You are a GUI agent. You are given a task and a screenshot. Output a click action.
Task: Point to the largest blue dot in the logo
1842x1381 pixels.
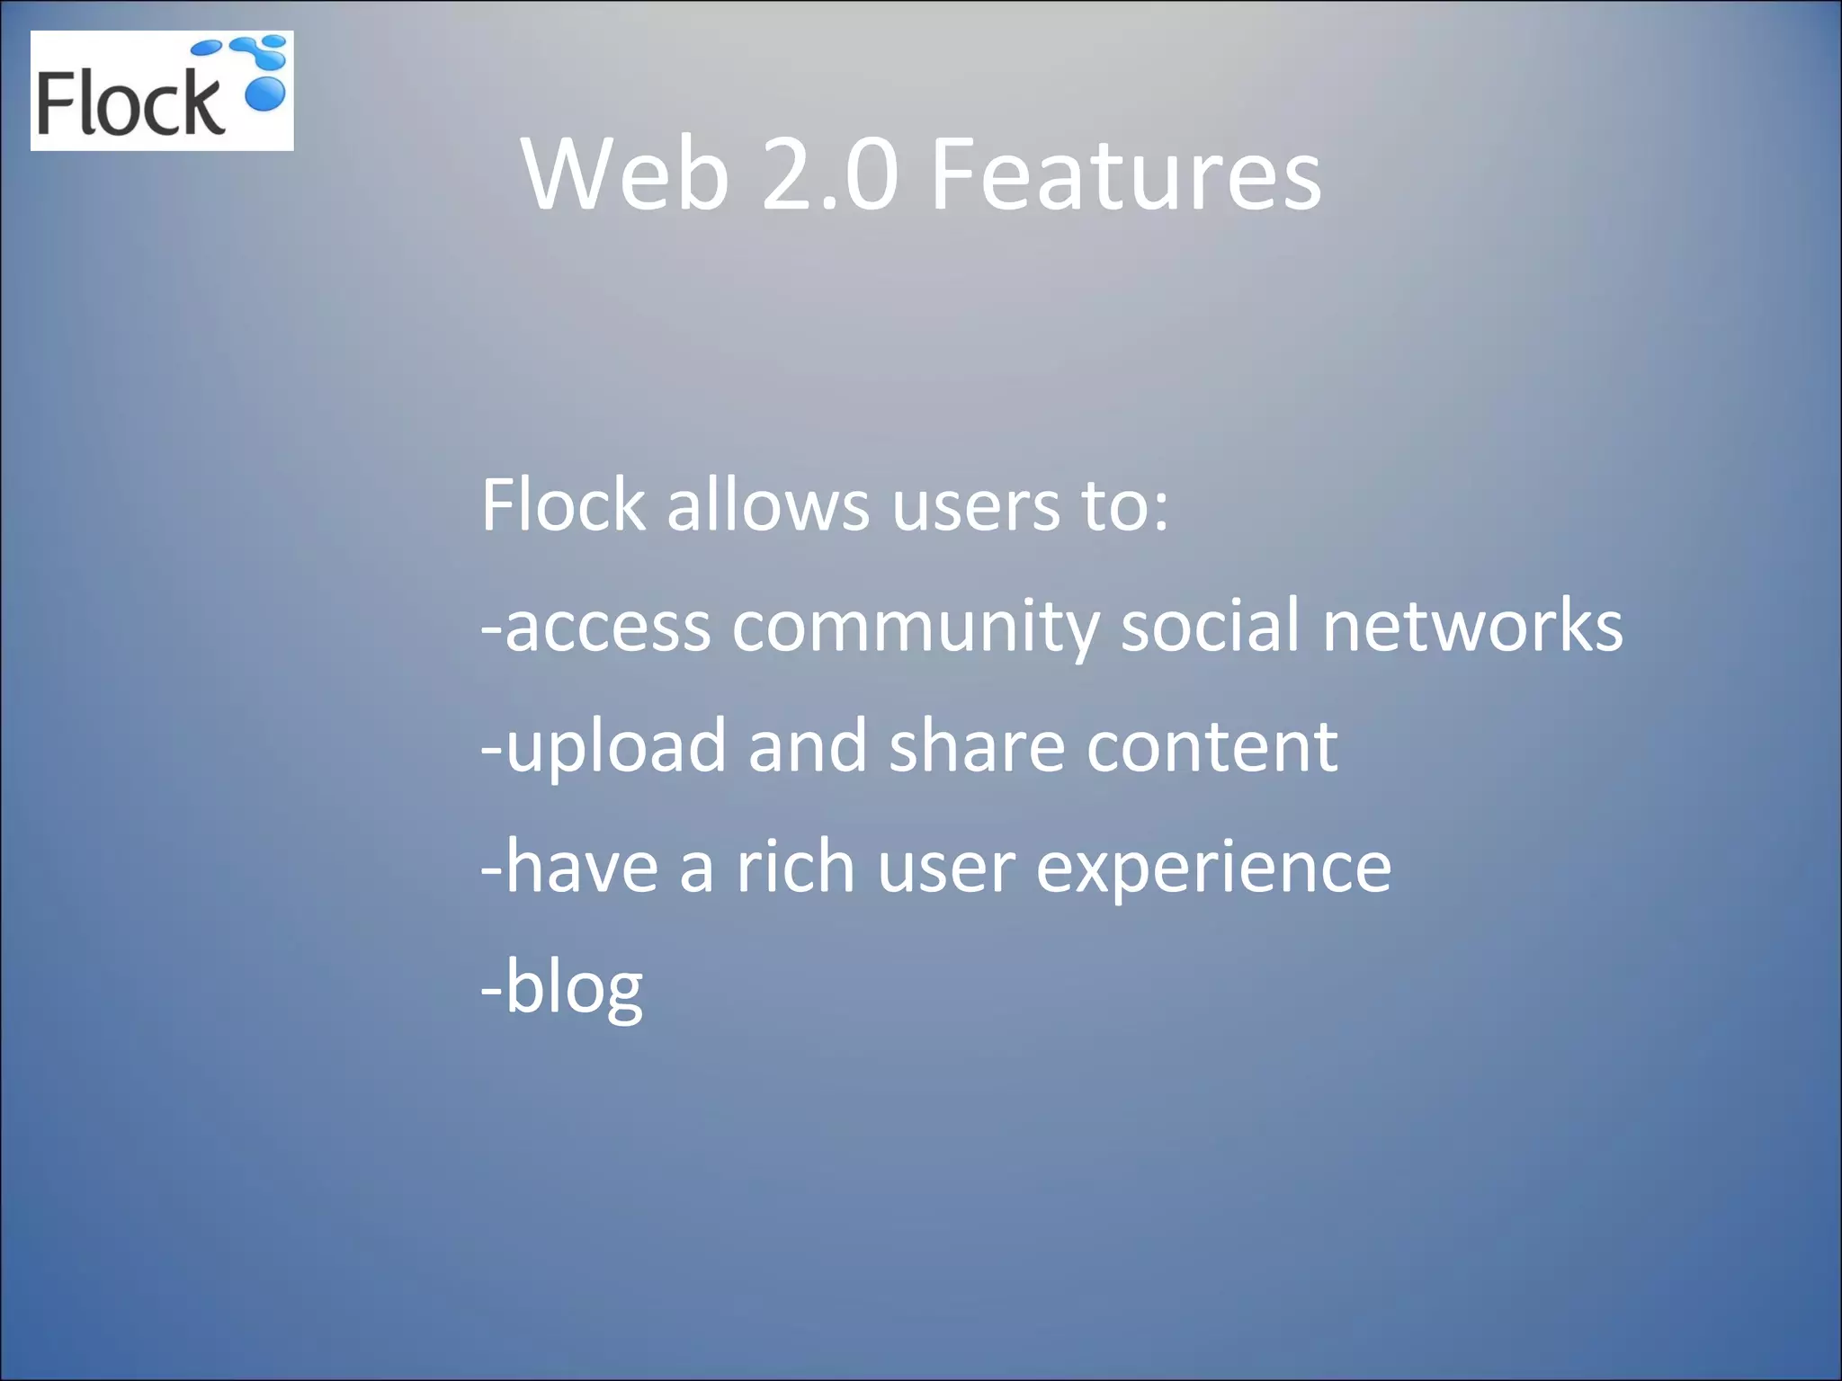[265, 94]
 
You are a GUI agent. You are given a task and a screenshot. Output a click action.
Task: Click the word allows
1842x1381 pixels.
[767, 505]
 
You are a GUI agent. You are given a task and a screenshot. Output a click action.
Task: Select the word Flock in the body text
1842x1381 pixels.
[563, 505]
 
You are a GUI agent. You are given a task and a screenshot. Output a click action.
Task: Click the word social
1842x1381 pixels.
[1210, 625]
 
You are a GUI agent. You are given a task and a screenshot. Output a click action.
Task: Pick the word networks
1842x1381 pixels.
[1472, 625]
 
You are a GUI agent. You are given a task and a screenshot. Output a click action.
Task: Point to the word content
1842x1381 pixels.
[1212, 746]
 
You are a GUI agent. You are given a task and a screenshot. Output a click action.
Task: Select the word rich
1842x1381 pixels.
[795, 867]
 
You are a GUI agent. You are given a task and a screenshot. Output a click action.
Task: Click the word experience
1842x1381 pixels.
[1213, 869]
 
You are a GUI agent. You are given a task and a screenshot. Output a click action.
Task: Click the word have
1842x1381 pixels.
[581, 867]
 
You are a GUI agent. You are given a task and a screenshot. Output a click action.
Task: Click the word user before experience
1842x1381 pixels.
[945, 869]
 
